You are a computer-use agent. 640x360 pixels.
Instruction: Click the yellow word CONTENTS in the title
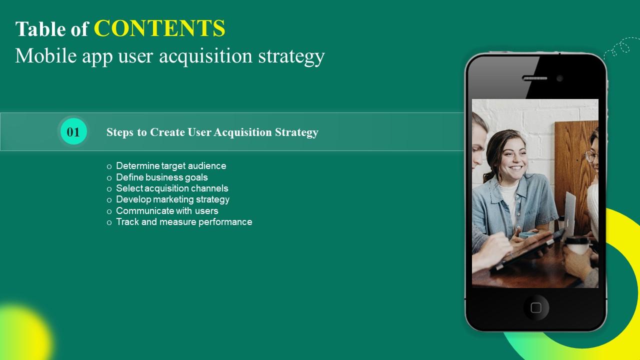(x=159, y=29)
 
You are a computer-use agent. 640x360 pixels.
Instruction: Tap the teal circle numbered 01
(x=73, y=132)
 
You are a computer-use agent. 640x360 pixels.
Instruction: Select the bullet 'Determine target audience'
(x=171, y=166)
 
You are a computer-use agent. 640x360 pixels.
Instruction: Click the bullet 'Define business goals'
(x=161, y=177)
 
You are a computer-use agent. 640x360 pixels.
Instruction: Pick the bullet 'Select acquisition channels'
(x=172, y=188)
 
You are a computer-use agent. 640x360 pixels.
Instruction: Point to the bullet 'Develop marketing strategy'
(x=172, y=199)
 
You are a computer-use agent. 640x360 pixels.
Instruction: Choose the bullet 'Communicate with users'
(x=167, y=211)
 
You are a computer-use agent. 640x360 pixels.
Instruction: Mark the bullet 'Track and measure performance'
(x=184, y=222)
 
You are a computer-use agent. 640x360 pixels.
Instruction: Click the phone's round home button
(x=535, y=307)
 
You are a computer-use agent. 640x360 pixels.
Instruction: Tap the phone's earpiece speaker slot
(x=534, y=78)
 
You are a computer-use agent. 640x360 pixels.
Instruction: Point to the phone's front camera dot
(x=559, y=78)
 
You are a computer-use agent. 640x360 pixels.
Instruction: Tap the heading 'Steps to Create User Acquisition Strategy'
(x=212, y=132)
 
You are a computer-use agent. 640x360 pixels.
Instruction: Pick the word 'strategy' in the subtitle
(x=291, y=56)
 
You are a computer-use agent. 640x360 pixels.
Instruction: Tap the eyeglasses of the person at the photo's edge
(x=590, y=156)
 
